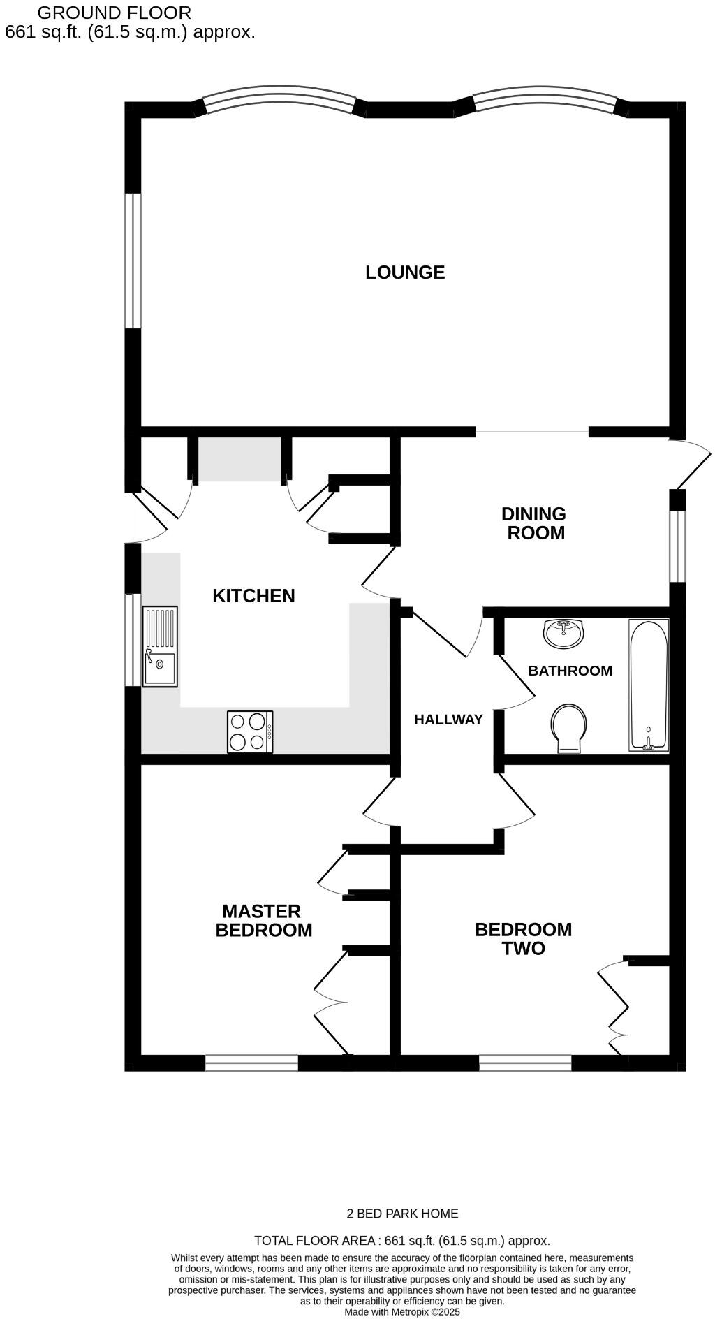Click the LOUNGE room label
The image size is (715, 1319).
[405, 272]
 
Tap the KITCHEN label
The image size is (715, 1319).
[253, 596]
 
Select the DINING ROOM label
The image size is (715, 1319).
[534, 523]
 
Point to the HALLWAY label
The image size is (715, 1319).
[448, 720]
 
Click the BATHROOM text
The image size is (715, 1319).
[570, 671]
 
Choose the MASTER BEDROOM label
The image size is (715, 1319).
[263, 921]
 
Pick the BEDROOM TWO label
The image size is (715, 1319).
[523, 939]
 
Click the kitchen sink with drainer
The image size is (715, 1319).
[160, 647]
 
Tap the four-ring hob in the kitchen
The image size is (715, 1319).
[250, 731]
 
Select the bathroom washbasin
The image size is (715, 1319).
[563, 633]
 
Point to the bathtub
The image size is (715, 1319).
[649, 685]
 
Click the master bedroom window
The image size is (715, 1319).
[251, 1063]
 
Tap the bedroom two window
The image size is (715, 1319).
[525, 1063]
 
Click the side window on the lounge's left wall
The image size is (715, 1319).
[133, 261]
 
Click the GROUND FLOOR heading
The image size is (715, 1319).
[114, 13]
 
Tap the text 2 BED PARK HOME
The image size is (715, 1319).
[402, 1214]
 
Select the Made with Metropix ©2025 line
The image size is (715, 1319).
[402, 1312]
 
